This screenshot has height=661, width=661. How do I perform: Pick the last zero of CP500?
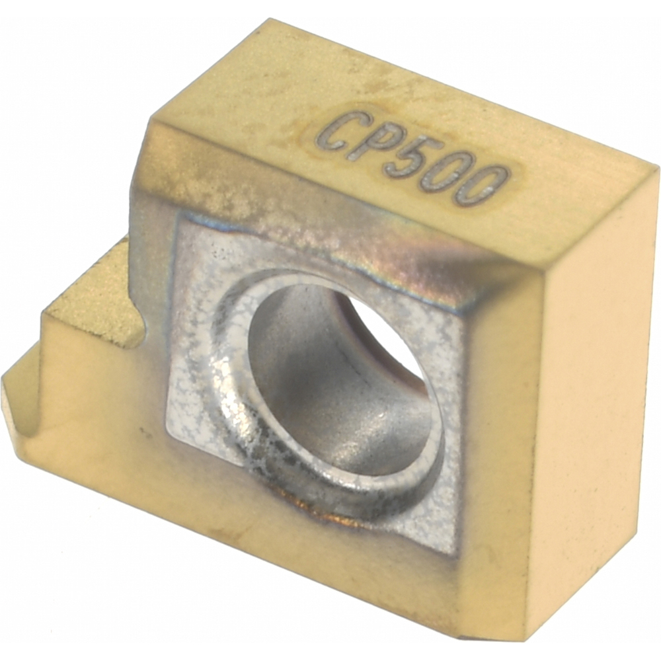[485, 186]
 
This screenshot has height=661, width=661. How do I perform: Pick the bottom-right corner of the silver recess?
[456, 552]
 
